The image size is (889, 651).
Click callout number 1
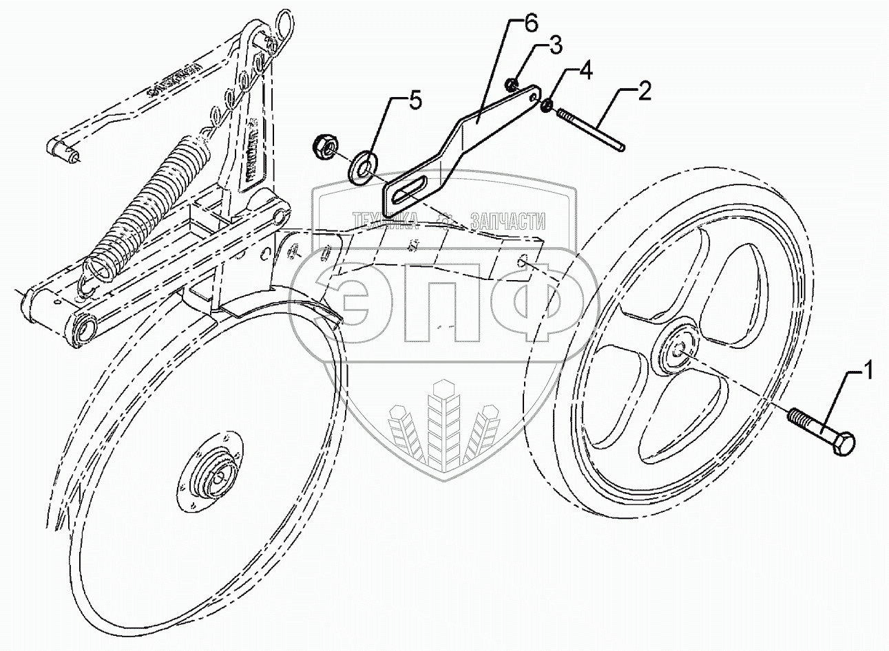(868, 373)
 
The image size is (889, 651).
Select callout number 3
(555, 47)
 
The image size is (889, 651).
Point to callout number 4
(584, 70)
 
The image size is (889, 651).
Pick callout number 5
(413, 102)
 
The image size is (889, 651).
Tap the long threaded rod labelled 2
(592, 129)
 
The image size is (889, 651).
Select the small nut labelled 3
(512, 85)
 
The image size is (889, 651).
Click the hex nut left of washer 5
(322, 145)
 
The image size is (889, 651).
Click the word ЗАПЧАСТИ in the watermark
(508, 221)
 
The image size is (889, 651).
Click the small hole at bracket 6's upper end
(534, 98)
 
